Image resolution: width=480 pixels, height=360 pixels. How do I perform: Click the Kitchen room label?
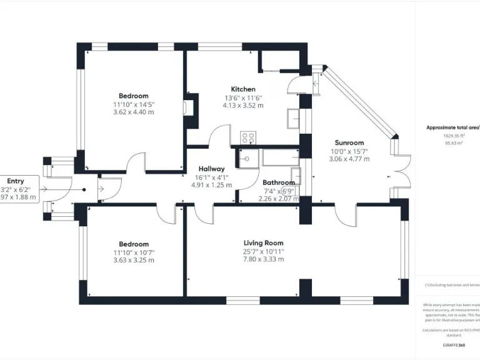click(x=243, y=89)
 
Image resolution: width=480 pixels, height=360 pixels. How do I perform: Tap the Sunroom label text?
click(x=349, y=142)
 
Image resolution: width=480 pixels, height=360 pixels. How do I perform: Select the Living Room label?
click(x=263, y=242)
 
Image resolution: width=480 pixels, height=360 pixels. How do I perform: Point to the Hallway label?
click(x=212, y=169)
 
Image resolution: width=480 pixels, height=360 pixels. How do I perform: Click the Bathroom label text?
click(x=278, y=183)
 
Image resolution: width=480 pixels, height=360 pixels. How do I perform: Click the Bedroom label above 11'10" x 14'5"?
click(x=134, y=96)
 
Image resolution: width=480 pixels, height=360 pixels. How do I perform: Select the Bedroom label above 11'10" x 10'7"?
click(x=134, y=244)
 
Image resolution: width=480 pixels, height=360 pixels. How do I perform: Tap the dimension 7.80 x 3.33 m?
click(x=263, y=259)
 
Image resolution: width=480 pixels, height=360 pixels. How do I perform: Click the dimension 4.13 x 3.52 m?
click(x=243, y=106)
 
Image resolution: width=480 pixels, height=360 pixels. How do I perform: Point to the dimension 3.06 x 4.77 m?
click(x=349, y=159)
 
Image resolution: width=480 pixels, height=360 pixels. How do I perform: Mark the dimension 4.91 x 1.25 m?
click(x=212, y=185)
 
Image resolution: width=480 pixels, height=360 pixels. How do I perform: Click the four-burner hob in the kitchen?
click(x=248, y=138)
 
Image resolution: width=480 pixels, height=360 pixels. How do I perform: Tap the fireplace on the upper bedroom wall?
click(x=188, y=107)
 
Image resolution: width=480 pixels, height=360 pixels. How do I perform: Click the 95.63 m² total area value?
click(x=453, y=143)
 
